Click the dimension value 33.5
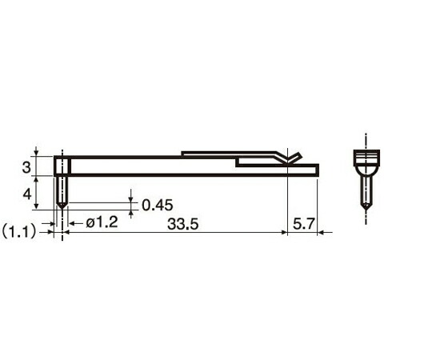pos(182,224)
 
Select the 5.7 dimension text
pos(303,223)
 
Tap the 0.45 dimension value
pos(158,206)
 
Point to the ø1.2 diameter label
pos(102,222)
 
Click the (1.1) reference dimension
pos(19,232)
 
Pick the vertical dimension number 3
pos(26,167)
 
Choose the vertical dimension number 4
pos(27,194)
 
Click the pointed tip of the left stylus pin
pos(62,209)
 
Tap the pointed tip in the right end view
pos(366,210)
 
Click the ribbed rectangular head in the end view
pos(366,158)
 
